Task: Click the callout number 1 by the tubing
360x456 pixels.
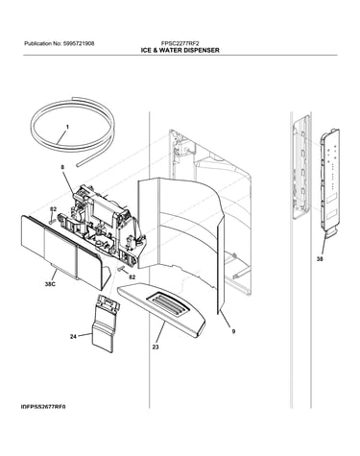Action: [67, 127]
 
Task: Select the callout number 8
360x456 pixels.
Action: [62, 167]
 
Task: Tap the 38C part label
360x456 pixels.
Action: [50, 284]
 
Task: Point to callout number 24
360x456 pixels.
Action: [73, 336]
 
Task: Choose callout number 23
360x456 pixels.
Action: [156, 347]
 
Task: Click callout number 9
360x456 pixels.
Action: [233, 331]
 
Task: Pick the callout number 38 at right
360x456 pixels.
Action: [320, 259]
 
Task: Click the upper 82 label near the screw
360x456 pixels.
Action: [53, 209]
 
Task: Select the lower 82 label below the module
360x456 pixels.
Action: [132, 276]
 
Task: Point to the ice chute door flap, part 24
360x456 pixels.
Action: [106, 324]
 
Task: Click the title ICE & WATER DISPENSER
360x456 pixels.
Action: [180, 50]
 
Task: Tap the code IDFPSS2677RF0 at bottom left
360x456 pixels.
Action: [43, 407]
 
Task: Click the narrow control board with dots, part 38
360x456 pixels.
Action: [330, 180]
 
